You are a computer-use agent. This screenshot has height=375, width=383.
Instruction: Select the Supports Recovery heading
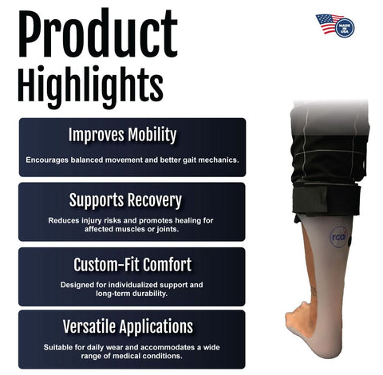click(x=132, y=199)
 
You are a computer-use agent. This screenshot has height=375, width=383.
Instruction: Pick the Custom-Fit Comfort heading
click(x=132, y=265)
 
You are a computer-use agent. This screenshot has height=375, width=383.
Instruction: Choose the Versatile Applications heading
click(x=132, y=326)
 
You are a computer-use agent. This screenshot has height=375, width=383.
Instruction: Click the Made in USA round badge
click(x=345, y=27)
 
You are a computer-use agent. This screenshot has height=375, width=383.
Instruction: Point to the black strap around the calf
click(x=327, y=200)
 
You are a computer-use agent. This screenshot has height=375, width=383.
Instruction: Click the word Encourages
click(x=47, y=160)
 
